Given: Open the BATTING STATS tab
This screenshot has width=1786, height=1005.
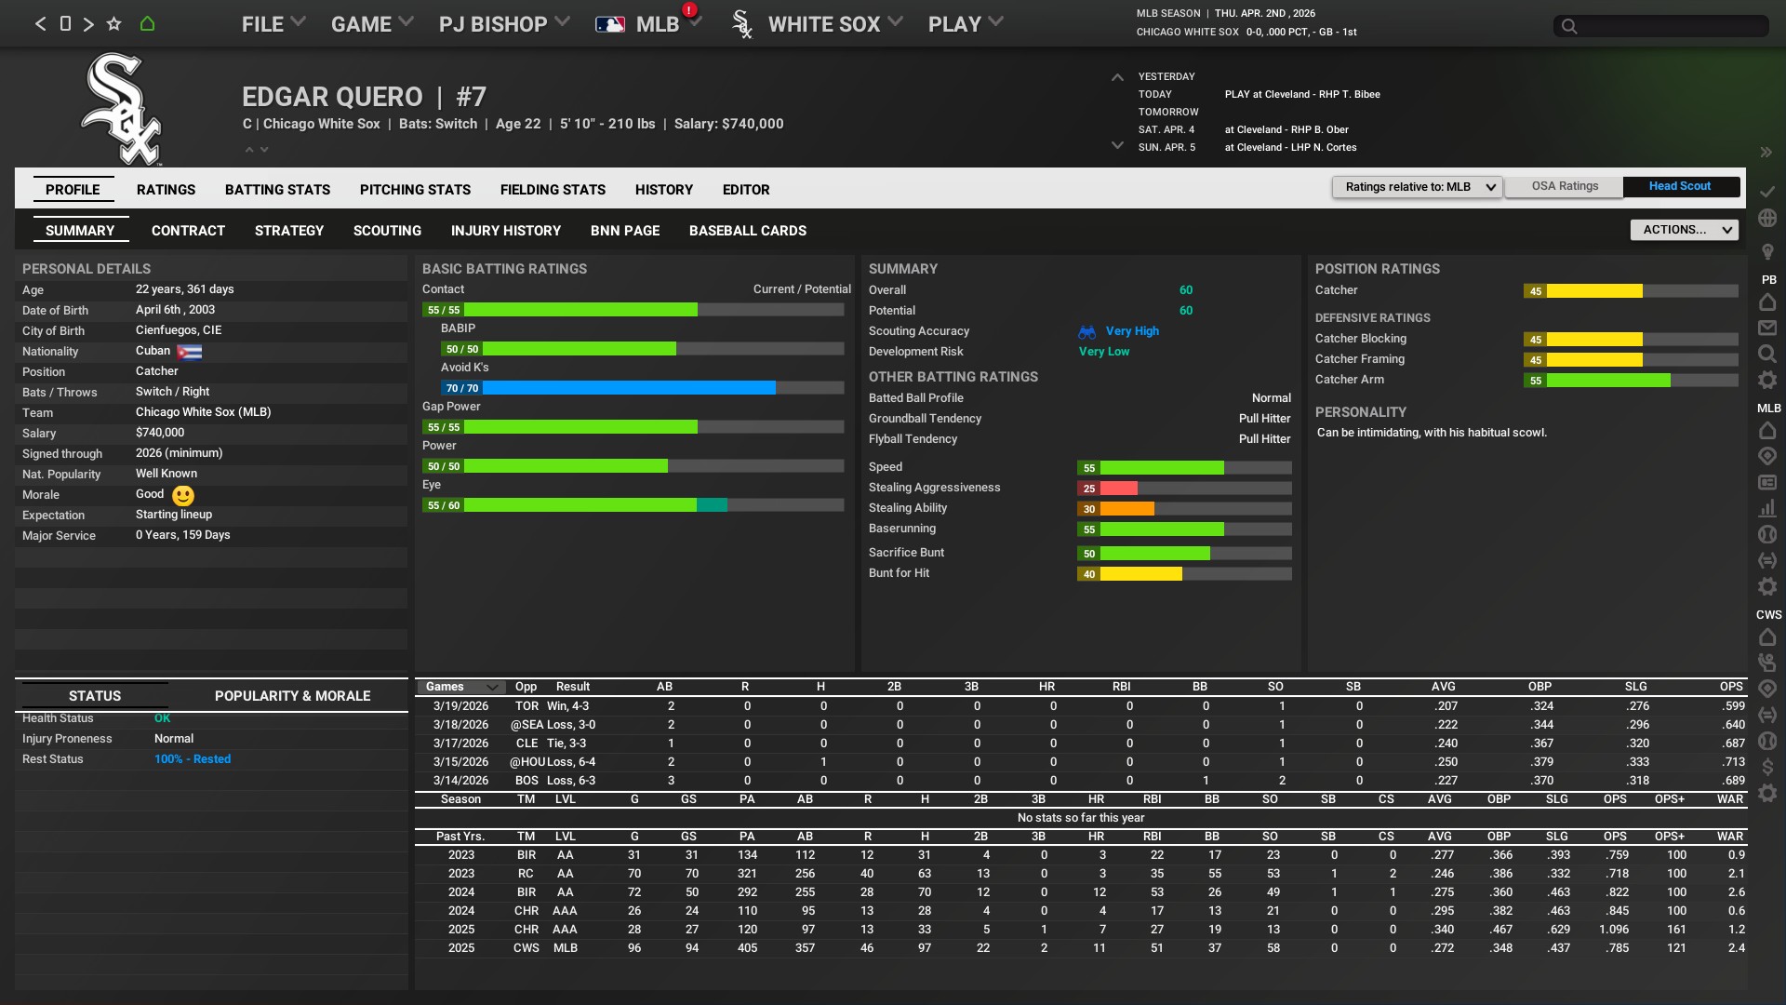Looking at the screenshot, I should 277,190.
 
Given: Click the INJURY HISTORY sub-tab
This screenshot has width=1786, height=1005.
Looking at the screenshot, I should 505,231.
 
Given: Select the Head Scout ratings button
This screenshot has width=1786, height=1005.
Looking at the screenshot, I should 1679,186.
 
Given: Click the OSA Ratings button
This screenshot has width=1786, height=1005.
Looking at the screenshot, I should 1565,186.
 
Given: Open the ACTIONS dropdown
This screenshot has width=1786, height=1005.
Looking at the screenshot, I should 1684,230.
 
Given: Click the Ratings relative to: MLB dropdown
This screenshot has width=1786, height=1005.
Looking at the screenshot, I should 1417,187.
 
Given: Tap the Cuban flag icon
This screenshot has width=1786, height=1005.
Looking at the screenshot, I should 189,352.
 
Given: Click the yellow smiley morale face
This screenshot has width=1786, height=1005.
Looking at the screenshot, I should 183,496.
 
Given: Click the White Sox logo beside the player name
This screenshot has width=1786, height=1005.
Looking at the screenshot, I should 122,109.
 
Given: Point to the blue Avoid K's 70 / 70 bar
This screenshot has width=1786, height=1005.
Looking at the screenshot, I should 621,388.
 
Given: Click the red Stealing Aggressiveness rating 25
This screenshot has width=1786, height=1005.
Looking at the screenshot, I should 1089,489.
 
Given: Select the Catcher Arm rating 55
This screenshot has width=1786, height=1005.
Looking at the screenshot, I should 1536,381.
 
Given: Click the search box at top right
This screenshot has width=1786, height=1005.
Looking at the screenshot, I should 1660,26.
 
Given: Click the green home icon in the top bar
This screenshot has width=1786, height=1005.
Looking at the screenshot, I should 147,24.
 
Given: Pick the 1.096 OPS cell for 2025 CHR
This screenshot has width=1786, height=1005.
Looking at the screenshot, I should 1614,930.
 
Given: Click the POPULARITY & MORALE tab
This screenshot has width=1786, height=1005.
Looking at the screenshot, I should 292,696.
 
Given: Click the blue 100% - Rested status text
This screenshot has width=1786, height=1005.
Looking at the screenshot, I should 193,759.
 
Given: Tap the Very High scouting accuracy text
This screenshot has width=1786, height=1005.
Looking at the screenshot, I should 1132,331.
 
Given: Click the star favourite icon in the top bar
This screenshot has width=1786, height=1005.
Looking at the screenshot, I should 113,24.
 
